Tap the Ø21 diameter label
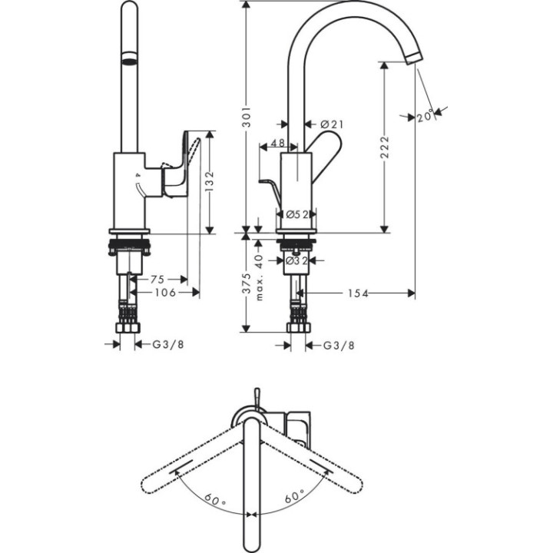point(331,124)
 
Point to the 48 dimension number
point(278,144)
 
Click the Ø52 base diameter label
point(296,215)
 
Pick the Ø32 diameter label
point(296,261)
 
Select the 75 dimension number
point(158,280)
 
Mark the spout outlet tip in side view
point(413,59)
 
